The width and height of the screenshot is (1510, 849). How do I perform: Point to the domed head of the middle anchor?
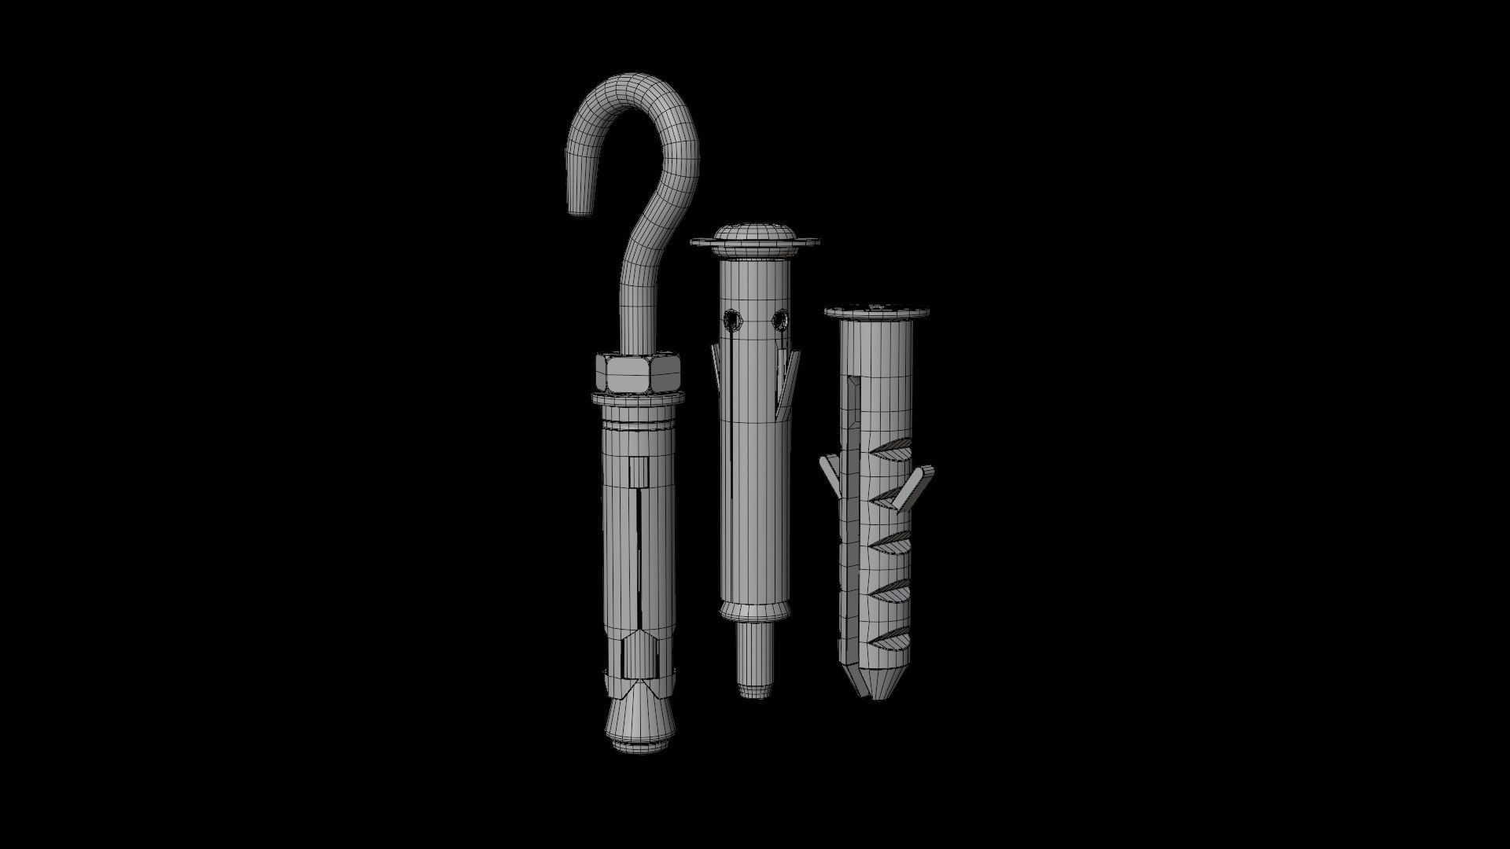point(755,233)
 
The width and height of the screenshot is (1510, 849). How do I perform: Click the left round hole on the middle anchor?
point(732,320)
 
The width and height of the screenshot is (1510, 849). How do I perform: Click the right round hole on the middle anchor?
point(779,319)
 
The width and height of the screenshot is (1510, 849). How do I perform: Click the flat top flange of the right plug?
point(878,312)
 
